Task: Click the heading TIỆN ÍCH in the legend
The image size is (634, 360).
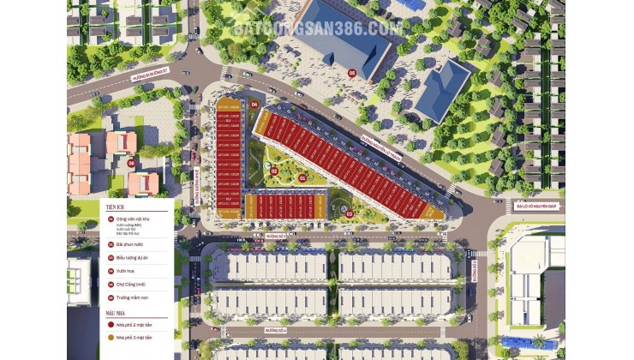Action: click(116, 207)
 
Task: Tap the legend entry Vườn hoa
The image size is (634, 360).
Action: click(123, 270)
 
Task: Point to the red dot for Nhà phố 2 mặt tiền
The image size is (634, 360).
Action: click(110, 327)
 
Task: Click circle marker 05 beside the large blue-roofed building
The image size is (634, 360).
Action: click(352, 73)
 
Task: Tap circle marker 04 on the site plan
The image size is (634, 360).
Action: click(254, 105)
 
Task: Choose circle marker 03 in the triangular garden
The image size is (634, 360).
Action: click(349, 213)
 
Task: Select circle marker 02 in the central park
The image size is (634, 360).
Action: click(274, 171)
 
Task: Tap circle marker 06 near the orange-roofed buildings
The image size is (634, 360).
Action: click(131, 161)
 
